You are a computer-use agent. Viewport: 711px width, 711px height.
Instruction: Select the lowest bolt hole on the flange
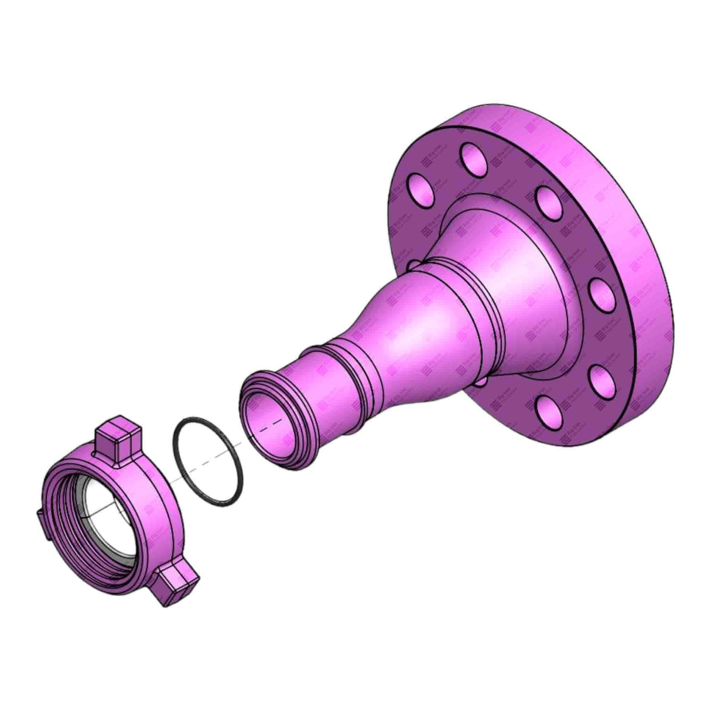pos(549,415)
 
